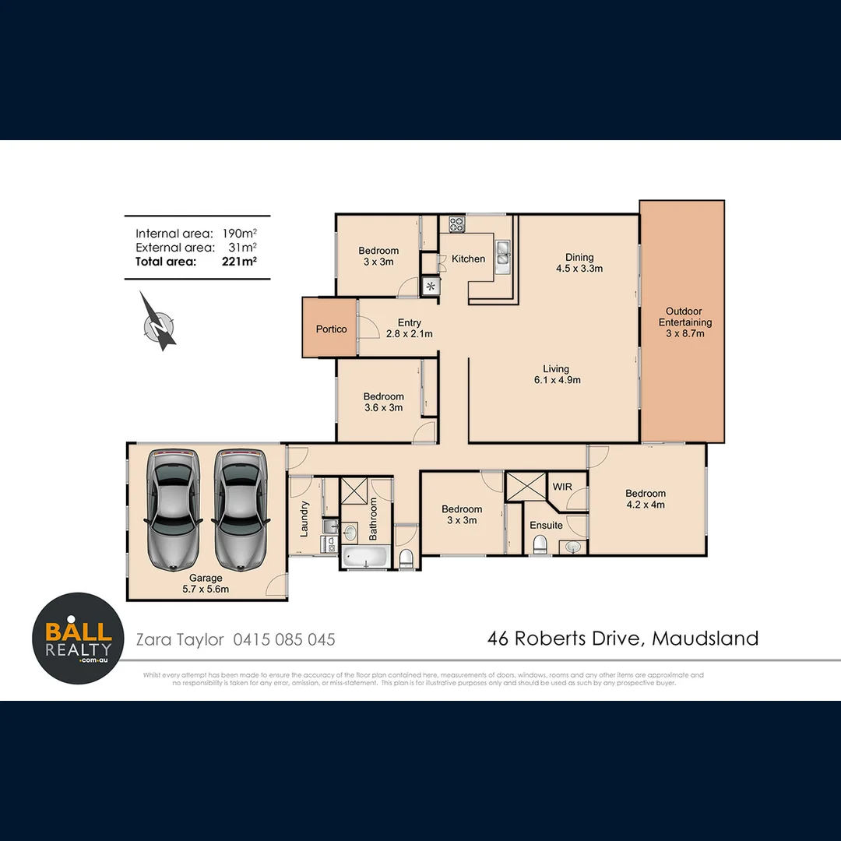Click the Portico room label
[x=331, y=329]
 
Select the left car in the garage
[x=172, y=508]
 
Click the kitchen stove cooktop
[x=457, y=225]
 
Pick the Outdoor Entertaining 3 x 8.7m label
[x=685, y=322]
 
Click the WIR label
[x=562, y=487]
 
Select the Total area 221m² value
[x=239, y=262]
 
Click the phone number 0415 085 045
[x=283, y=639]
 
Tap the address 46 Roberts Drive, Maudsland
[x=623, y=639]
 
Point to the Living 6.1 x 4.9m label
[x=556, y=375]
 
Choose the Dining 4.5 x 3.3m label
[x=579, y=262]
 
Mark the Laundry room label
[x=304, y=518]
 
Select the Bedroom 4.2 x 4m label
[x=646, y=498]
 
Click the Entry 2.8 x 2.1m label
[x=409, y=328]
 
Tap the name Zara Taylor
[x=180, y=639]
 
